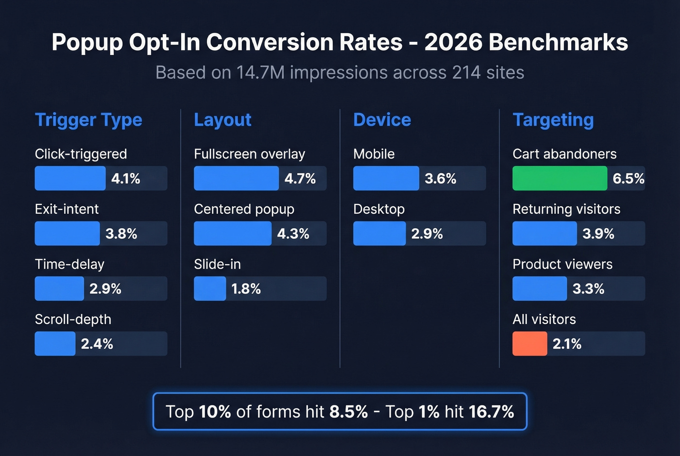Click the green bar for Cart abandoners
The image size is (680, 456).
pyautogui.click(x=560, y=178)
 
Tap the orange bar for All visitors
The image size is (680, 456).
pyautogui.click(x=529, y=344)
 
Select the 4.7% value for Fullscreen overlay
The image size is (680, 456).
pyautogui.click(x=300, y=179)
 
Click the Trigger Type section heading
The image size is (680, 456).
pyautogui.click(x=88, y=120)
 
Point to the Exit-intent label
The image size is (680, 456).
pyautogui.click(x=67, y=209)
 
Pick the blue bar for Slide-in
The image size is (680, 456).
pyautogui.click(x=210, y=289)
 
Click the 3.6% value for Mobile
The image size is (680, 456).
pyautogui.click(x=440, y=179)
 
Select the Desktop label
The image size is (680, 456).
pyautogui.click(x=379, y=209)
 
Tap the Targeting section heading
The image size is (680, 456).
pyautogui.click(x=553, y=120)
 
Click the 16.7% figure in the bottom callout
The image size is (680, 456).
pyautogui.click(x=491, y=412)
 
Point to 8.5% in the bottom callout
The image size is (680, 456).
pyautogui.click(x=348, y=412)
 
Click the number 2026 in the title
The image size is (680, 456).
pyautogui.click(x=453, y=42)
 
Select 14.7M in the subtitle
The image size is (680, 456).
pyautogui.click(x=260, y=73)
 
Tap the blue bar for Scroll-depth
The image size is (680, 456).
pyautogui.click(x=55, y=344)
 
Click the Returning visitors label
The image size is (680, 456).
pyautogui.click(x=566, y=209)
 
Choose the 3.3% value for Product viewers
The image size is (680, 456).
pyautogui.click(x=588, y=289)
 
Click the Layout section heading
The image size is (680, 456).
pyautogui.click(x=222, y=120)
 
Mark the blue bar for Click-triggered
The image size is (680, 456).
pyautogui.click(x=70, y=178)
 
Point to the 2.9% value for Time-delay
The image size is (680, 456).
pyautogui.click(x=105, y=289)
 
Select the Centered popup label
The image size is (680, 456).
pyautogui.click(x=244, y=209)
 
